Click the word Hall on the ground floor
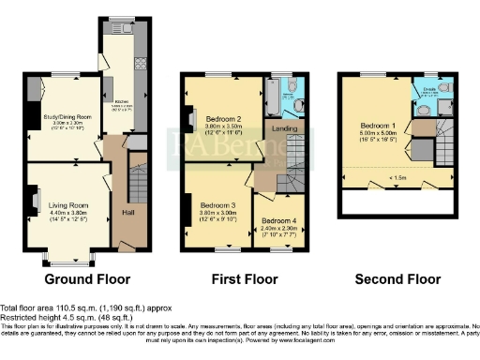click(x=127, y=212)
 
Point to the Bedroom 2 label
click(x=225, y=119)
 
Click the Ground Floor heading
click(x=86, y=279)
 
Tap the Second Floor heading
click(x=397, y=279)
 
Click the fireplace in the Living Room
click(x=34, y=199)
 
